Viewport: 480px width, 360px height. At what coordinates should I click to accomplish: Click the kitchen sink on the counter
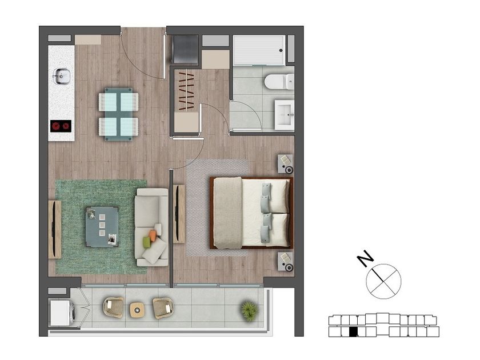62,76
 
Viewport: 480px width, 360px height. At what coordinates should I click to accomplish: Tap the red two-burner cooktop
61,126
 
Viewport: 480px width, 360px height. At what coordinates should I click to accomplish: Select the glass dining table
118,114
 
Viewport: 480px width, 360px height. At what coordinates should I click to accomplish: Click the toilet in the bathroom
279,82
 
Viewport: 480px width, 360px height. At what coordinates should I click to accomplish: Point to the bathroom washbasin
285,115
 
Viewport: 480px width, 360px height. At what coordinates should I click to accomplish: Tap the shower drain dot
281,50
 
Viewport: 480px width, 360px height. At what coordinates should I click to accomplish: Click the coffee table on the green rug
102,227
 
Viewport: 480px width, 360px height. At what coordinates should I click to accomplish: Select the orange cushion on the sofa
153,235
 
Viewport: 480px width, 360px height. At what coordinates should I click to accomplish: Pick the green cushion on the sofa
147,242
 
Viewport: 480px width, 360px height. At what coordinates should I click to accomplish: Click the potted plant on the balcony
249,311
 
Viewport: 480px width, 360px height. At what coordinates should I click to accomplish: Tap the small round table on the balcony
137,310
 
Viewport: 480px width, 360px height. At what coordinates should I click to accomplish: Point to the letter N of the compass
365,259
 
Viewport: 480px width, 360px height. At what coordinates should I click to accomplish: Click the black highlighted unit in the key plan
353,332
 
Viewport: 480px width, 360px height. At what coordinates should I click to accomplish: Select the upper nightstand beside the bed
285,164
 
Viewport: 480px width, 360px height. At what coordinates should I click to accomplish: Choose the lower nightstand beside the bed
285,262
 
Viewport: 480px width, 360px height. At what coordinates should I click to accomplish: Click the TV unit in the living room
55,230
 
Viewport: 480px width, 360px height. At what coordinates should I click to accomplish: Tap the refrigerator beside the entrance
185,50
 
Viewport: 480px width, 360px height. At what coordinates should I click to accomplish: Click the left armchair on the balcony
113,307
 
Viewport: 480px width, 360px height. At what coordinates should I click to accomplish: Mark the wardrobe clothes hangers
186,91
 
